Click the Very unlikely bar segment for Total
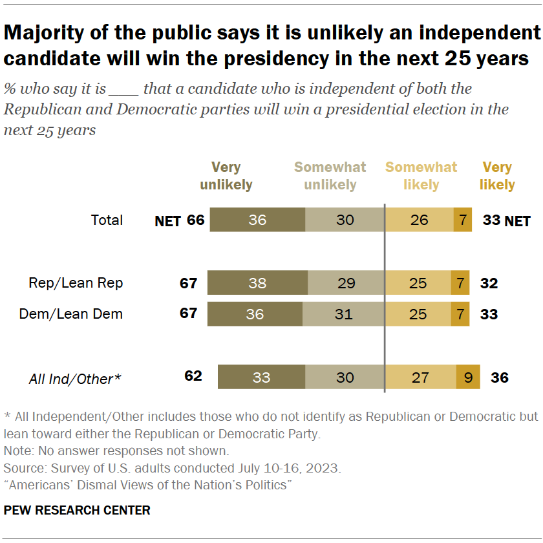(x=257, y=220)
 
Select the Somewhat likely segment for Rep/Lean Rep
(x=418, y=283)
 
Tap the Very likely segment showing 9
(x=468, y=377)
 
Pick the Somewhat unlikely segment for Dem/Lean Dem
(x=344, y=315)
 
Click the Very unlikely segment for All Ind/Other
(x=261, y=377)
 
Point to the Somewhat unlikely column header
(x=330, y=176)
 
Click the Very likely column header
(x=497, y=176)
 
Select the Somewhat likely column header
(x=421, y=176)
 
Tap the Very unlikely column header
(x=226, y=176)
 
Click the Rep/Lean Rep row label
(x=76, y=283)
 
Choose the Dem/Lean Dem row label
(x=71, y=315)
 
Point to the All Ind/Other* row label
(x=75, y=379)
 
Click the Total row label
(x=107, y=220)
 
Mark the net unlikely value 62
(x=193, y=376)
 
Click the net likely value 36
(x=498, y=377)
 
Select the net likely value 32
(x=489, y=283)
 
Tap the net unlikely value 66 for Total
(x=195, y=220)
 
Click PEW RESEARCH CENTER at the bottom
(x=77, y=510)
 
